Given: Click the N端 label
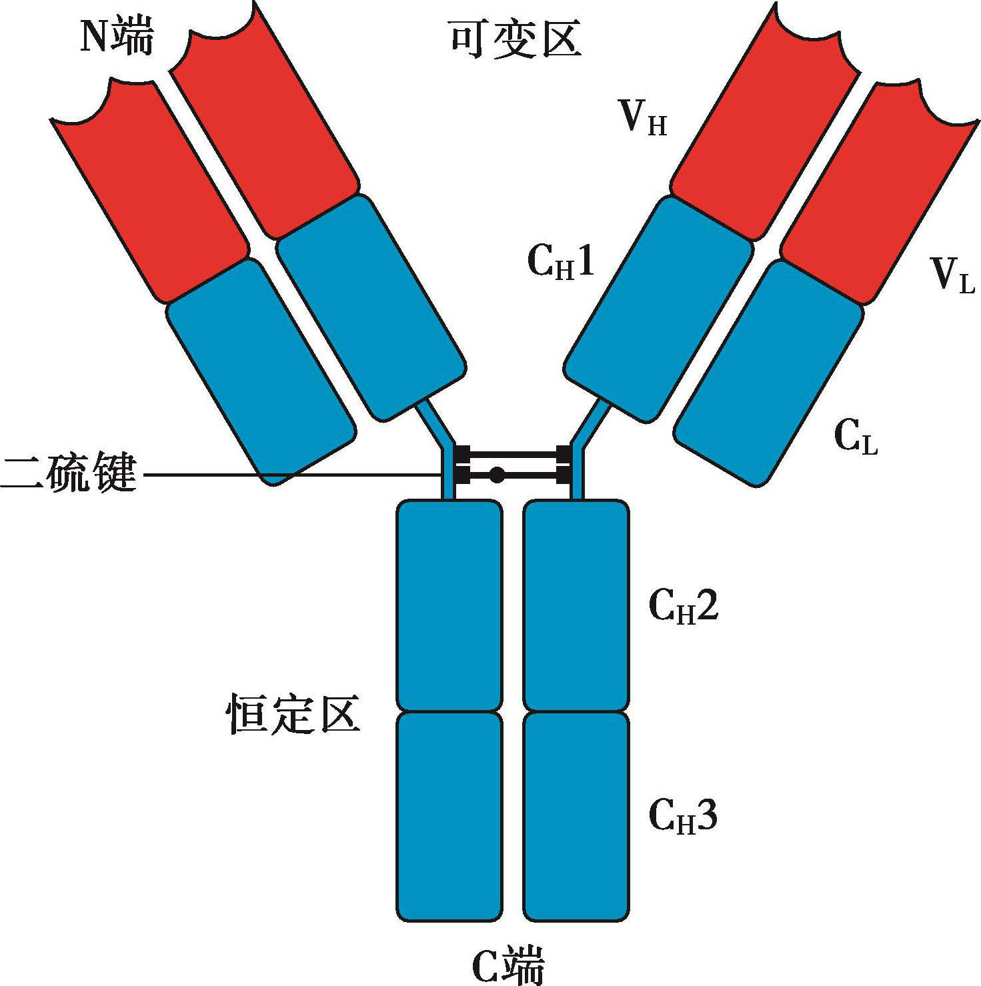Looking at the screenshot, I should click(117, 38).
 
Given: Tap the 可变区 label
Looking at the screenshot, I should click(515, 39).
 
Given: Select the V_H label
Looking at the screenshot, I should click(643, 120).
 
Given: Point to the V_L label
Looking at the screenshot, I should click(953, 275).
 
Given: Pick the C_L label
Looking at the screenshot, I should click(856, 439).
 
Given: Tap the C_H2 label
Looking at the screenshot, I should click(684, 607).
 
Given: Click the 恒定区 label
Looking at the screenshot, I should click(293, 714).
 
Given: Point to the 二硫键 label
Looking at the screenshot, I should click(69, 474).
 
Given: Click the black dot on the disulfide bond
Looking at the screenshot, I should click(497, 475).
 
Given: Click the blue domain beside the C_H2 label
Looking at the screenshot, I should click(576, 605).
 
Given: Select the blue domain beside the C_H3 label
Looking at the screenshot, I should click(576, 817).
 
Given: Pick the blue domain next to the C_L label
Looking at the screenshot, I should click(767, 373).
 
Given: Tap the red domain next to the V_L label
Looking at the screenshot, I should click(880, 193).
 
